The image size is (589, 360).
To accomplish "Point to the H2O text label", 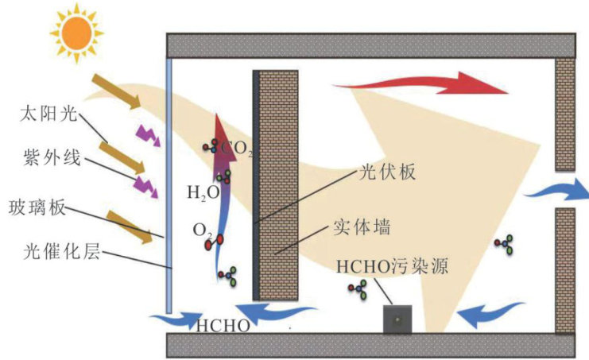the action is (203, 192).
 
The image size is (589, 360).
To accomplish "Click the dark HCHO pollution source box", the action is (397, 319).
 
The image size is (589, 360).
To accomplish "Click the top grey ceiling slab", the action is (370, 45).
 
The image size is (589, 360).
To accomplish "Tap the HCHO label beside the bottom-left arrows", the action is (223, 325).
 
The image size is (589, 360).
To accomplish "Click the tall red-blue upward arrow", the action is (220, 199).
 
